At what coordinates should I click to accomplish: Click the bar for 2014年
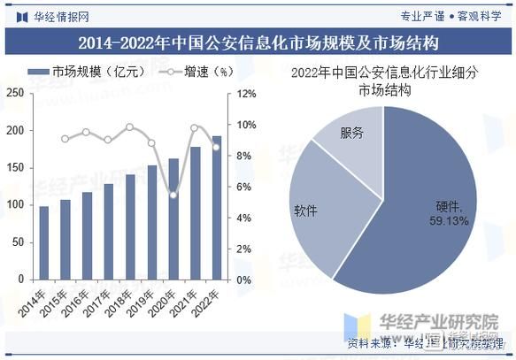(43, 242)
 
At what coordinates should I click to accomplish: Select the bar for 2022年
(217, 207)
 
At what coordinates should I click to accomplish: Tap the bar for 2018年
(130, 226)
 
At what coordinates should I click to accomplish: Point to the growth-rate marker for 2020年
(173, 195)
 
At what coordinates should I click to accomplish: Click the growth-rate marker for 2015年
(65, 139)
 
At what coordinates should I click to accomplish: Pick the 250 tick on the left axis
(15, 93)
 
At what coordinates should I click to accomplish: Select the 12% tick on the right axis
(245, 93)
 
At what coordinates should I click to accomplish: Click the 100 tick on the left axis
(15, 204)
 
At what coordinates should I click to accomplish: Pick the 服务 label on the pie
(351, 133)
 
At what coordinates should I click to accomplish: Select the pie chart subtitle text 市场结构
(384, 90)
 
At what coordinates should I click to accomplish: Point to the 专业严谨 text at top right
(421, 16)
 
